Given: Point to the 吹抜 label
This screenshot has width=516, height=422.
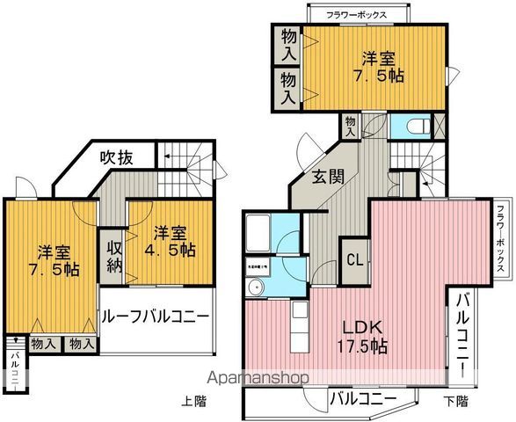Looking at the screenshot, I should [x=115, y=158].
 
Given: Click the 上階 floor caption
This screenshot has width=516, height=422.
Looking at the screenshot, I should [x=194, y=402].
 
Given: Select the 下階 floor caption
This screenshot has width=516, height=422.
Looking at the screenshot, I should [x=455, y=402].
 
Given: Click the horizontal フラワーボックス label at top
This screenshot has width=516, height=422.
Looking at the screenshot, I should [x=358, y=15].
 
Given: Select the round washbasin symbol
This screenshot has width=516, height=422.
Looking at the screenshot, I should [x=258, y=288].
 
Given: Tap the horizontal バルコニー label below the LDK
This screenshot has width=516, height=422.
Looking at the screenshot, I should [x=364, y=398].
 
